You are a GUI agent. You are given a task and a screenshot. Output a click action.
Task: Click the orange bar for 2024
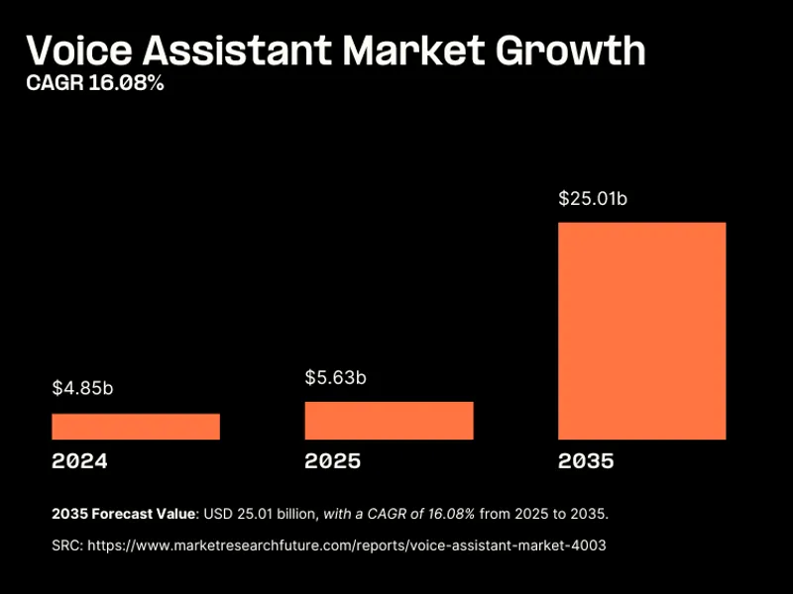tap(136, 427)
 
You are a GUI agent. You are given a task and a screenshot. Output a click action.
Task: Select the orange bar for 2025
tap(389, 421)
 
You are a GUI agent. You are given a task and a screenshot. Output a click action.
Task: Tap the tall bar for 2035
tap(641, 331)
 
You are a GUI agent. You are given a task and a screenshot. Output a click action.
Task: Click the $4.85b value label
tap(82, 388)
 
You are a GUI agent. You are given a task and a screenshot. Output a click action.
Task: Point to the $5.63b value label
tap(335, 377)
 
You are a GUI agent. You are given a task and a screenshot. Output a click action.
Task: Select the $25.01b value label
tap(593, 199)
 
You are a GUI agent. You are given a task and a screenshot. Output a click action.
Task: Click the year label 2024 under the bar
tap(79, 461)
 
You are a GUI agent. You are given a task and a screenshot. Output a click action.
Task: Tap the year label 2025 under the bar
tap(333, 461)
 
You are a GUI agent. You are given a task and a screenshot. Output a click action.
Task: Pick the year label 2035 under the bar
tap(586, 461)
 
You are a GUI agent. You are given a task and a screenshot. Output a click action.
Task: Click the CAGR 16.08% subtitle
tap(94, 84)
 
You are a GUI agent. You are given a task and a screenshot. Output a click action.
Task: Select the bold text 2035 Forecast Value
tap(124, 515)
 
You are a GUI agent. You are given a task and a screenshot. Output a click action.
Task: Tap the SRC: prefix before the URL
tap(66, 545)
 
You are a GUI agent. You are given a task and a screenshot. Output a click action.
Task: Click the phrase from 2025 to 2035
tap(551, 515)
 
